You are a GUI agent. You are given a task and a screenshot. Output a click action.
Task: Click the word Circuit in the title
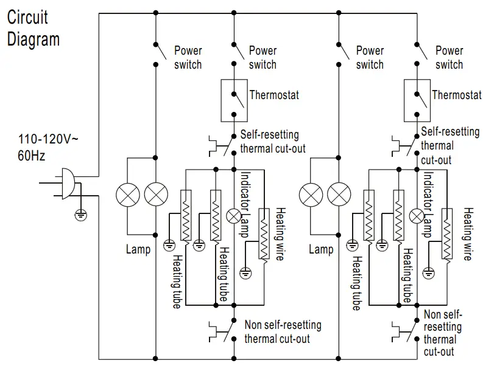pyautogui.click(x=27, y=16)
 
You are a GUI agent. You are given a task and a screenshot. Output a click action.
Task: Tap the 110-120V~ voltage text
pyautogui.click(x=48, y=139)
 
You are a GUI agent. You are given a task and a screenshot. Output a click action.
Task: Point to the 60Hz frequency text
pyautogui.click(x=32, y=155)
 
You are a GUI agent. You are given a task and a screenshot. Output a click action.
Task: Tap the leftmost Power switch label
pyautogui.click(x=188, y=57)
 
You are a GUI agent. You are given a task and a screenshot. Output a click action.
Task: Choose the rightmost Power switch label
pyautogui.click(x=450, y=57)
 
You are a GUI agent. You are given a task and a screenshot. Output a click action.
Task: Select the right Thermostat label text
pyautogui.click(x=457, y=95)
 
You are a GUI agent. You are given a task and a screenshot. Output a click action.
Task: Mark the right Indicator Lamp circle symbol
pyautogui.click(x=417, y=216)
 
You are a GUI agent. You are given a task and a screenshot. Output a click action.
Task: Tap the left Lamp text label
pyautogui.click(x=138, y=249)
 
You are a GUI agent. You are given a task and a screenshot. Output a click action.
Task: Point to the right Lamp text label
pyautogui.click(x=321, y=249)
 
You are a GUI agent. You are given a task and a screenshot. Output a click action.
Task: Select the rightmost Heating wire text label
pyautogui.click(x=468, y=233)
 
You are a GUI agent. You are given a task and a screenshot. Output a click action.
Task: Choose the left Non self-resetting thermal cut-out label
pyautogui.click(x=283, y=332)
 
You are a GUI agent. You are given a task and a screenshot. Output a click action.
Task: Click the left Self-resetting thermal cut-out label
pyautogui.click(x=272, y=141)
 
